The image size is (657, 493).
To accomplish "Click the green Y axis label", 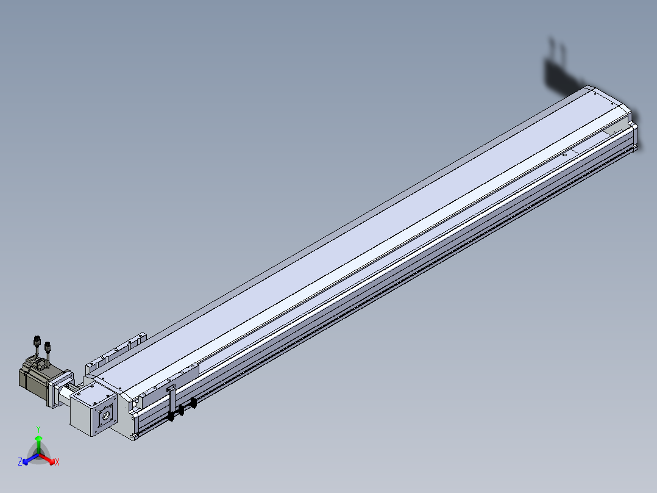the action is [x=38, y=429].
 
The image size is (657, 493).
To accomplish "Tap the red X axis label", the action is [x=57, y=462].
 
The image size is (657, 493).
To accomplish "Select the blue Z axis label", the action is [x=20, y=462].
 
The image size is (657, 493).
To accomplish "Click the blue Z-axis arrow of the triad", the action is [x=30, y=459].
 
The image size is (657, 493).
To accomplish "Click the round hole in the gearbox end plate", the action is [x=106, y=416].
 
